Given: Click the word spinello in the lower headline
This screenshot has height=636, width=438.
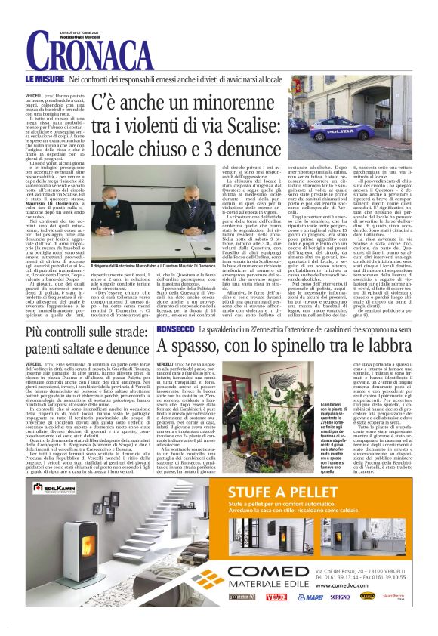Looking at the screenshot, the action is (x=306, y=346).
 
